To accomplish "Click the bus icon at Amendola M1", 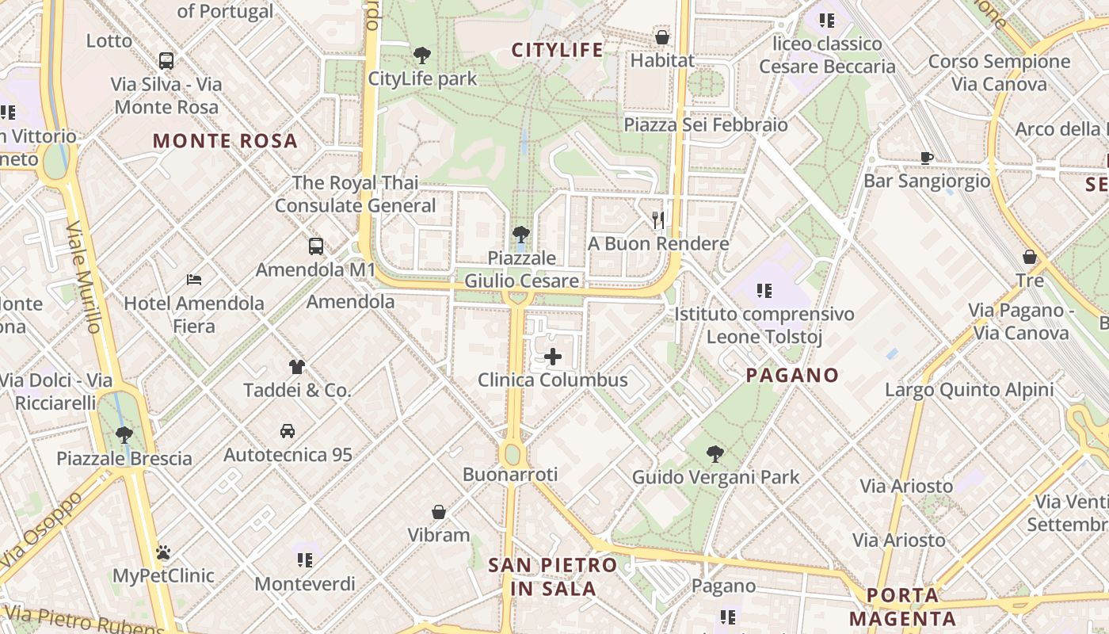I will tap(315, 246).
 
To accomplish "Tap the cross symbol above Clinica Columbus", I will tap(553, 357).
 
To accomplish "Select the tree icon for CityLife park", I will tap(422, 55).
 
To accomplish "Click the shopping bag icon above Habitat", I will tap(661, 37).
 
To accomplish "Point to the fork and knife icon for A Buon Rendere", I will tap(657, 220).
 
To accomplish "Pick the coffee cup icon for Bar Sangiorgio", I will tap(926, 158).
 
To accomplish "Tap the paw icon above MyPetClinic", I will tap(163, 552).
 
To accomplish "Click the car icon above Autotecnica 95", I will tap(287, 431).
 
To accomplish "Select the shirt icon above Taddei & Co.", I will tap(296, 366).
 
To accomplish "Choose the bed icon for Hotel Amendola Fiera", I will tap(194, 280).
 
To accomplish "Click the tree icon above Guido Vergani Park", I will tap(715, 454).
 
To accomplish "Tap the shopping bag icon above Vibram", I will tap(439, 512).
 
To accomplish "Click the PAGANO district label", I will tap(792, 376).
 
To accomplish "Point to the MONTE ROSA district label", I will tap(225, 142).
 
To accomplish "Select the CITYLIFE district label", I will tap(557, 51).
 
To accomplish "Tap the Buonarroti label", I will tap(510, 475).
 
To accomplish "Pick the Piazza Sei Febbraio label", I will tap(706, 125).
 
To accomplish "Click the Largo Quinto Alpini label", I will tap(969, 390).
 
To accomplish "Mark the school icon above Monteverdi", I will tap(305, 560).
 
